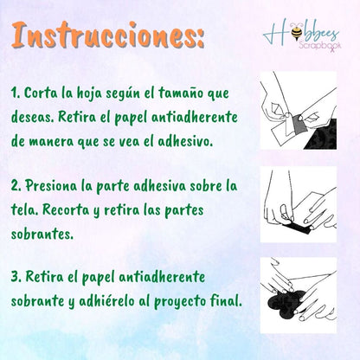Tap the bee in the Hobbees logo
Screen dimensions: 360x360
tap(296, 32)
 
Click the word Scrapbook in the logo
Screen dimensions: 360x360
tap(320, 45)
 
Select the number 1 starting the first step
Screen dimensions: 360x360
tap(15, 93)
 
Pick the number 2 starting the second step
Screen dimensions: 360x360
tap(16, 186)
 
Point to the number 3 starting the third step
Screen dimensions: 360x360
tap(16, 277)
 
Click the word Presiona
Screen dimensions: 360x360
tap(51, 186)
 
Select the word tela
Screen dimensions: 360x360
tap(24, 209)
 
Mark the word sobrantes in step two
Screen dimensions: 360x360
tap(41, 234)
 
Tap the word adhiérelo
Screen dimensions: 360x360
tap(106, 301)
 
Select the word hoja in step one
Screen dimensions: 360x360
tap(89, 93)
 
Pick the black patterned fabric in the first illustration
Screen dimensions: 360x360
tap(323, 135)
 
